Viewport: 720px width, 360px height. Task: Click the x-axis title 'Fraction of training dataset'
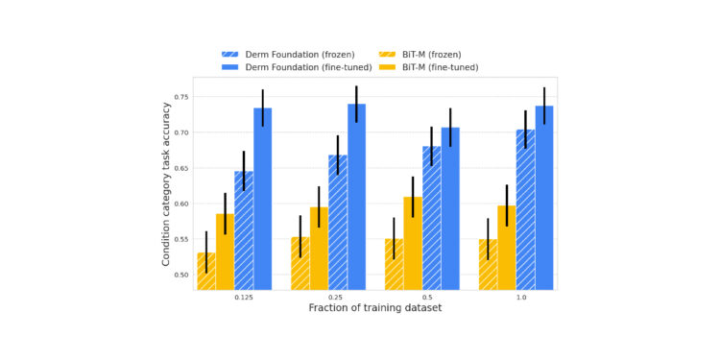[x=375, y=308]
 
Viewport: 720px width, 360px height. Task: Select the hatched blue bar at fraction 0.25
[x=338, y=222]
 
